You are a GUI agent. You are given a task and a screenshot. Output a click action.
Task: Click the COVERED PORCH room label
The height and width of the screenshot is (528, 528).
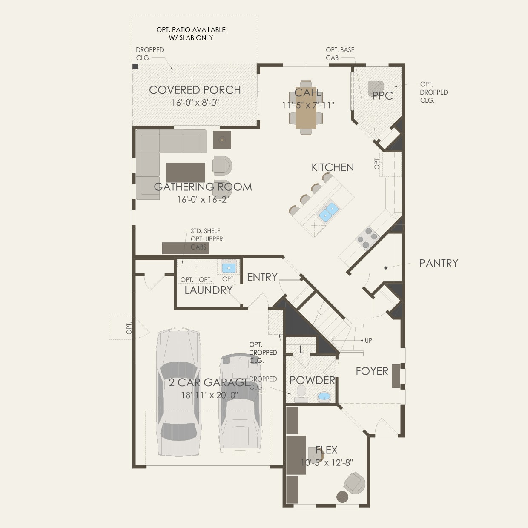tap(195, 90)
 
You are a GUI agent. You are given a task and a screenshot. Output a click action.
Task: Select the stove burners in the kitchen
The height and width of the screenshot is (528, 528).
tap(367, 238)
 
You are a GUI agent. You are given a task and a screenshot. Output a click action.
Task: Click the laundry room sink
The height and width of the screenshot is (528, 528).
tap(229, 268)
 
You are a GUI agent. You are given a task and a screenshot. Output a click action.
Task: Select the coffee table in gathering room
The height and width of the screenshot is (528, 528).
tap(185, 172)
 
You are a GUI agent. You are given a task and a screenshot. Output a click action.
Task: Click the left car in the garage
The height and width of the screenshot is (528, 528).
tap(178, 392)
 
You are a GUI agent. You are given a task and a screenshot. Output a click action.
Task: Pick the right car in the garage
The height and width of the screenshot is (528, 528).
tap(240, 402)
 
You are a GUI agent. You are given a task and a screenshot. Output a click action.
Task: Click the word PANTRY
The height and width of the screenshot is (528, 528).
tap(439, 263)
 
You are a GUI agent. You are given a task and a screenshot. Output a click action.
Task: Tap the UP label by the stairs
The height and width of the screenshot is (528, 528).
tap(368, 340)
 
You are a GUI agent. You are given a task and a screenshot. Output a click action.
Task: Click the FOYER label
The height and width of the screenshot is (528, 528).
tap(372, 371)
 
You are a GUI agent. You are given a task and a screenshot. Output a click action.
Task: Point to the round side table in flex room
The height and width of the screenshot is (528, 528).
tap(342, 497)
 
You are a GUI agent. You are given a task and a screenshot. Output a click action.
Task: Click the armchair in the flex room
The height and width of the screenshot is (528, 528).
tap(355, 482)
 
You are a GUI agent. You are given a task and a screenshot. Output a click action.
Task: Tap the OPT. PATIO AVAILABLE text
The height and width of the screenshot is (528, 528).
tap(191, 30)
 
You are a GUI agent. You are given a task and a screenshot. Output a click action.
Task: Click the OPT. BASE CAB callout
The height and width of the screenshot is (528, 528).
tap(340, 54)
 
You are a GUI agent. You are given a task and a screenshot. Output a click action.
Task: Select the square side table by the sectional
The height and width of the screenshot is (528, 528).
tap(222, 139)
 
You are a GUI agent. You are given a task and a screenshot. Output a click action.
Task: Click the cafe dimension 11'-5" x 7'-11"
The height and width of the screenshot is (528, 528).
tap(308, 105)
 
